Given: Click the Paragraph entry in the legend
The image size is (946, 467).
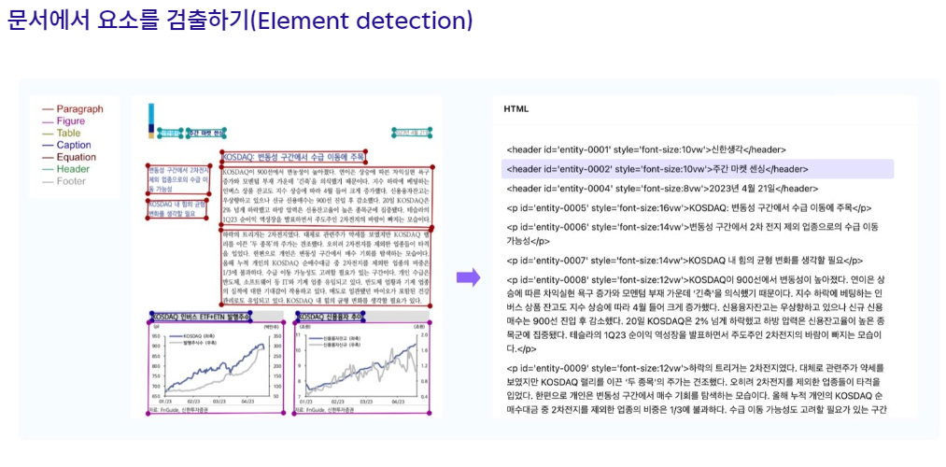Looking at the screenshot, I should point(78,108).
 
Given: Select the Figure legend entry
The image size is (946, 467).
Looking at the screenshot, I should point(70,120).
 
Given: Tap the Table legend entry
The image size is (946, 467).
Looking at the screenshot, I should point(68,133).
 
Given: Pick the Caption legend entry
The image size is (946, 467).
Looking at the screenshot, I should point(73,145).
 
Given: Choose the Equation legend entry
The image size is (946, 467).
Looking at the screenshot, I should point(76,157).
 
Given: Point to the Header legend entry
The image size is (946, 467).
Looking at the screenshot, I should point(72,169).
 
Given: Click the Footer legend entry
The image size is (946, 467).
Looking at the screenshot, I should point(71,181).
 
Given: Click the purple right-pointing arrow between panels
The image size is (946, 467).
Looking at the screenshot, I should point(468,276).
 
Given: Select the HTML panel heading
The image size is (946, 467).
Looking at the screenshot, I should point(516,108).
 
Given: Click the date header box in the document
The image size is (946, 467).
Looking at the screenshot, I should point(414,134).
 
